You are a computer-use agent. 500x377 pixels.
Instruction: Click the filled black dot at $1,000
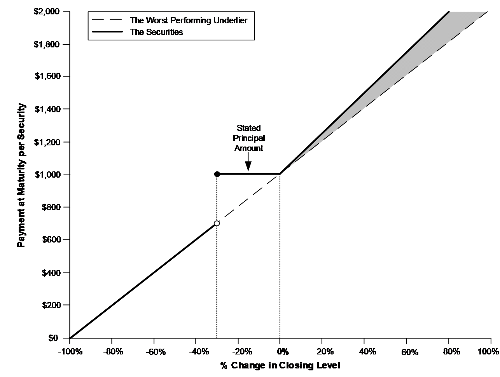tap(217, 174)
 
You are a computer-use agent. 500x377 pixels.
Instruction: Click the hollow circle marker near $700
tap(217, 223)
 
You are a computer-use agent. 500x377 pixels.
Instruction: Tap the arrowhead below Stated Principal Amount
tap(248, 166)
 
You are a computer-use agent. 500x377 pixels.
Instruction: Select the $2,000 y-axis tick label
tap(47, 11)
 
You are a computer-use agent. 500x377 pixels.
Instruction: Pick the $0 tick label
tap(53, 338)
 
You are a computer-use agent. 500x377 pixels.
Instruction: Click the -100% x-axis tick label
tap(70, 352)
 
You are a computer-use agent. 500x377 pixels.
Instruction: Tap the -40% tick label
tap(199, 352)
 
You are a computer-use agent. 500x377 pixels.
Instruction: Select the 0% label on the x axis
tap(283, 352)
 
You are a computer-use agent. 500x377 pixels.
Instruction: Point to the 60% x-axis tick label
tap(410, 353)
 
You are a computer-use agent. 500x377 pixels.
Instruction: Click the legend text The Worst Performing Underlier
tap(189, 21)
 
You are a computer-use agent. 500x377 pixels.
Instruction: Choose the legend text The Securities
tap(156, 32)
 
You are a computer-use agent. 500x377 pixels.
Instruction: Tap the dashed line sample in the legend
tap(107, 20)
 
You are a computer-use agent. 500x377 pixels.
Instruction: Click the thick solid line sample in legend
tap(107, 31)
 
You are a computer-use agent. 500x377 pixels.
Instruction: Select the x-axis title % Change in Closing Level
tap(280, 365)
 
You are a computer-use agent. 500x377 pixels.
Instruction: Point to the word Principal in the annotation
tap(249, 138)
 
